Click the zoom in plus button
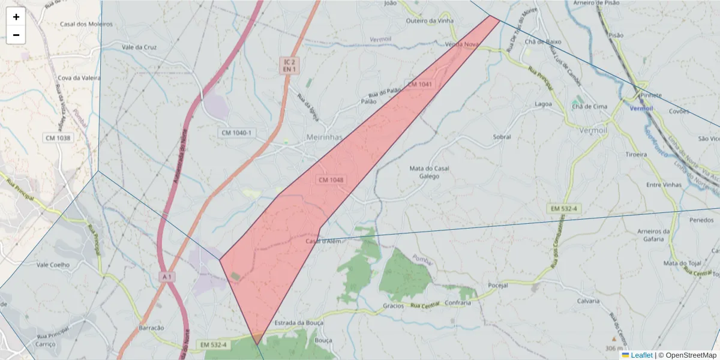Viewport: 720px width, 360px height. click(x=16, y=17)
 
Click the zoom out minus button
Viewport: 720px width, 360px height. click(x=16, y=35)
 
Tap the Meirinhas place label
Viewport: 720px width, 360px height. click(x=324, y=137)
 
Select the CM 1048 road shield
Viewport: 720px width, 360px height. click(x=331, y=180)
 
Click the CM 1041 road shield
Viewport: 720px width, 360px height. click(x=419, y=85)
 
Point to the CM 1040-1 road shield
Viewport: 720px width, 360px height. click(x=236, y=132)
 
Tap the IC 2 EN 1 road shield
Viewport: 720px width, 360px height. click(x=290, y=65)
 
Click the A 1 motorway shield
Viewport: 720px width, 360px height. click(x=167, y=277)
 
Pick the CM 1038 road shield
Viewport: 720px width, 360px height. click(x=58, y=138)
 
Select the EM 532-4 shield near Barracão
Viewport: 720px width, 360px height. click(x=214, y=344)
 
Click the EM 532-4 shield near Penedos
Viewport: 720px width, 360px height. click(x=564, y=208)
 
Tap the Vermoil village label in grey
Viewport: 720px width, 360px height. click(x=594, y=130)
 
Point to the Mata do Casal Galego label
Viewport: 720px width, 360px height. click(x=429, y=172)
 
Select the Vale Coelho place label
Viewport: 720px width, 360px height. click(x=53, y=265)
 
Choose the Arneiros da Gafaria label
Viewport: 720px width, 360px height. click(x=653, y=235)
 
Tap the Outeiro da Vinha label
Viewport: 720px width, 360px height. click(x=430, y=21)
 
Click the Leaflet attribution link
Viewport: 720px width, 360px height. click(x=641, y=355)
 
